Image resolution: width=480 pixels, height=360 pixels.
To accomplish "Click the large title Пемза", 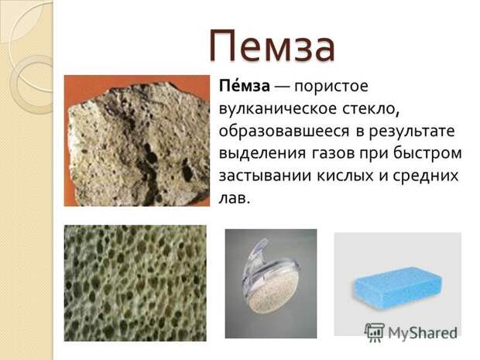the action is [273, 46].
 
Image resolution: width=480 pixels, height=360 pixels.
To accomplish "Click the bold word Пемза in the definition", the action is [245, 86].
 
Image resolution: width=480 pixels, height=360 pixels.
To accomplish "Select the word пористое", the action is [331, 87].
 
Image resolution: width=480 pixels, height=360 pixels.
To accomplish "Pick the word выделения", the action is [262, 154].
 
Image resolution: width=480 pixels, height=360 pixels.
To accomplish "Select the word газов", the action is [332, 154].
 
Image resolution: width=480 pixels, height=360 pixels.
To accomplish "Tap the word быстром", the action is [427, 153].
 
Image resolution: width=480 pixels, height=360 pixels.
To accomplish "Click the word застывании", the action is [265, 177].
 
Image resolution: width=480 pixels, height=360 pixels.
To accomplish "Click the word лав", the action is [235, 199].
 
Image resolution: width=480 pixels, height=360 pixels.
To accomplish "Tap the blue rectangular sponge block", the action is [399, 286].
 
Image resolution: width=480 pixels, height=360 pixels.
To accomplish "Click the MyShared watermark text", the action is [423, 333].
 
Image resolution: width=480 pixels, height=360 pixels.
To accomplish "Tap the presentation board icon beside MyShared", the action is [375, 332].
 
